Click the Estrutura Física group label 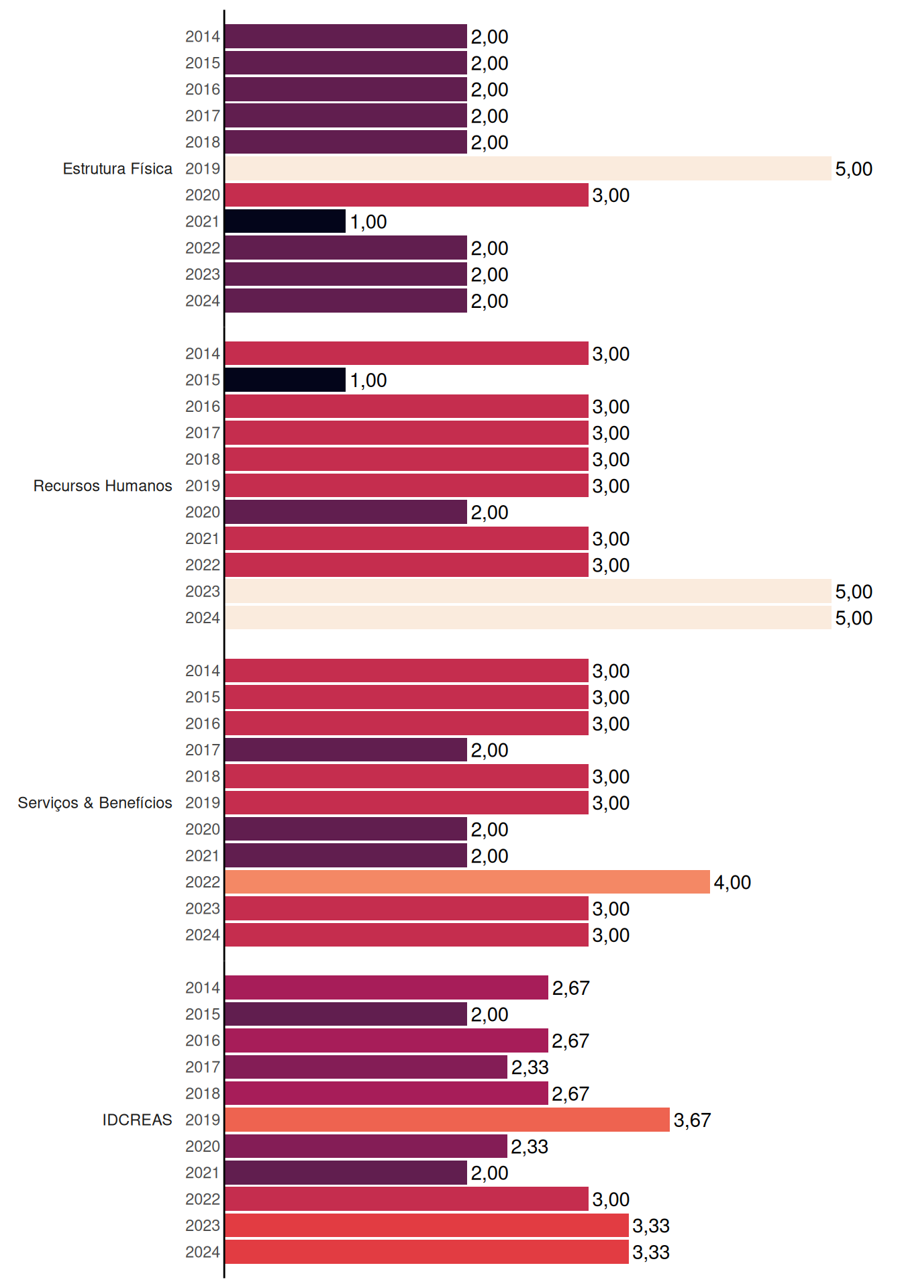click(x=117, y=168)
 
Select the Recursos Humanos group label click(x=103, y=486)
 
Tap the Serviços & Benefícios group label click(x=95, y=803)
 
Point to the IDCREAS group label click(x=137, y=1120)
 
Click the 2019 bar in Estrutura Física click(x=528, y=168)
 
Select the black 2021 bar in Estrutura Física click(x=285, y=221)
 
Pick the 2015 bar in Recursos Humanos click(x=285, y=380)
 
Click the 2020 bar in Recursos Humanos click(x=346, y=512)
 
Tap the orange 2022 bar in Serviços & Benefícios click(x=468, y=882)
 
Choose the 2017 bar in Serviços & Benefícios click(x=346, y=750)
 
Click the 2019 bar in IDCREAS click(x=448, y=1120)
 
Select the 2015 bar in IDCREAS click(x=346, y=1014)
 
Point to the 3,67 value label click(x=692, y=1120)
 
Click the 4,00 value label click(x=732, y=883)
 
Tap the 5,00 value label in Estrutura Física click(x=854, y=169)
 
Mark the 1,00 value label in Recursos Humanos click(x=368, y=380)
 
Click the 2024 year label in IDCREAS click(x=203, y=1252)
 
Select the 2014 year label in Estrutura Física click(x=203, y=36)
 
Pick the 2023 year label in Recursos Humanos click(x=203, y=591)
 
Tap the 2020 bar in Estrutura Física click(x=407, y=195)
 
